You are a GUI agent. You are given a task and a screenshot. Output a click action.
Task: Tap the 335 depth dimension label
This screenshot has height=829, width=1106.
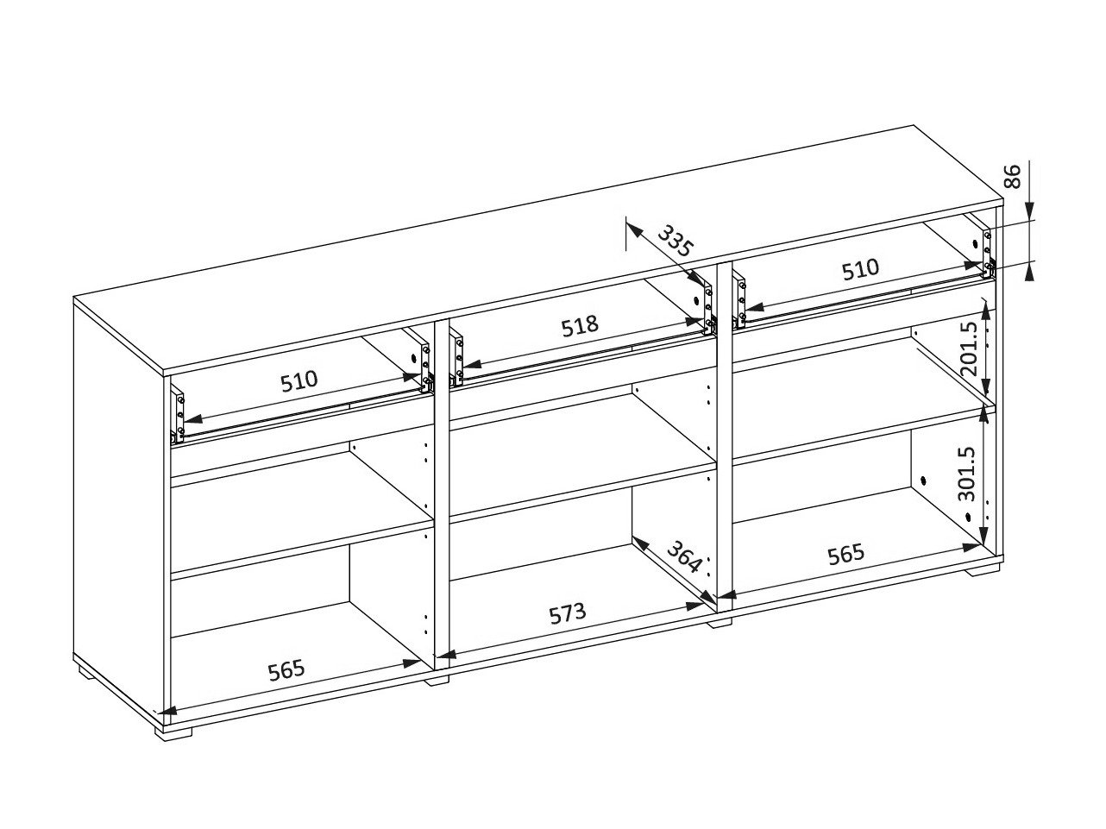click(676, 241)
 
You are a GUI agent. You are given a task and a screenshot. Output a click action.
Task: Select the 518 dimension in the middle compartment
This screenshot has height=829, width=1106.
click(579, 327)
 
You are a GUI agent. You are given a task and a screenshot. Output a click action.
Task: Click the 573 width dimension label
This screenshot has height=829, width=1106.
click(568, 614)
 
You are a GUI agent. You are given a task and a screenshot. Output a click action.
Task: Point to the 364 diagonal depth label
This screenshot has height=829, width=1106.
click(682, 562)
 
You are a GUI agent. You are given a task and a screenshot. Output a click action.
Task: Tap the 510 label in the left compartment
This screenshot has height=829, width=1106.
click(298, 380)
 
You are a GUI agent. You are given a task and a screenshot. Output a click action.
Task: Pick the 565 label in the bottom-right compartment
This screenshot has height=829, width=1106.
click(845, 553)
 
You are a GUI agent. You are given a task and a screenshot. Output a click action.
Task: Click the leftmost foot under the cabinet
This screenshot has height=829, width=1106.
click(174, 731)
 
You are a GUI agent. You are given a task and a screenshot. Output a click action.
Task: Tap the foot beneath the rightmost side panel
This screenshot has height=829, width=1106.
click(983, 569)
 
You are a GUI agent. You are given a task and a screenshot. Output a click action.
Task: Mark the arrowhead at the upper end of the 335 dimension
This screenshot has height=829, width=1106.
click(632, 229)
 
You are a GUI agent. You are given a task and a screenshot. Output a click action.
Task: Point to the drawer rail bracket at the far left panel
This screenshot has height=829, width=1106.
click(178, 416)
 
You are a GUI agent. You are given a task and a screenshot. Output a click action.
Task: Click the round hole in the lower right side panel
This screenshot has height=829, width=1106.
click(923, 480)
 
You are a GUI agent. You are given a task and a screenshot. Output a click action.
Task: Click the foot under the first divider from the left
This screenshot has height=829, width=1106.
click(437, 679)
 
